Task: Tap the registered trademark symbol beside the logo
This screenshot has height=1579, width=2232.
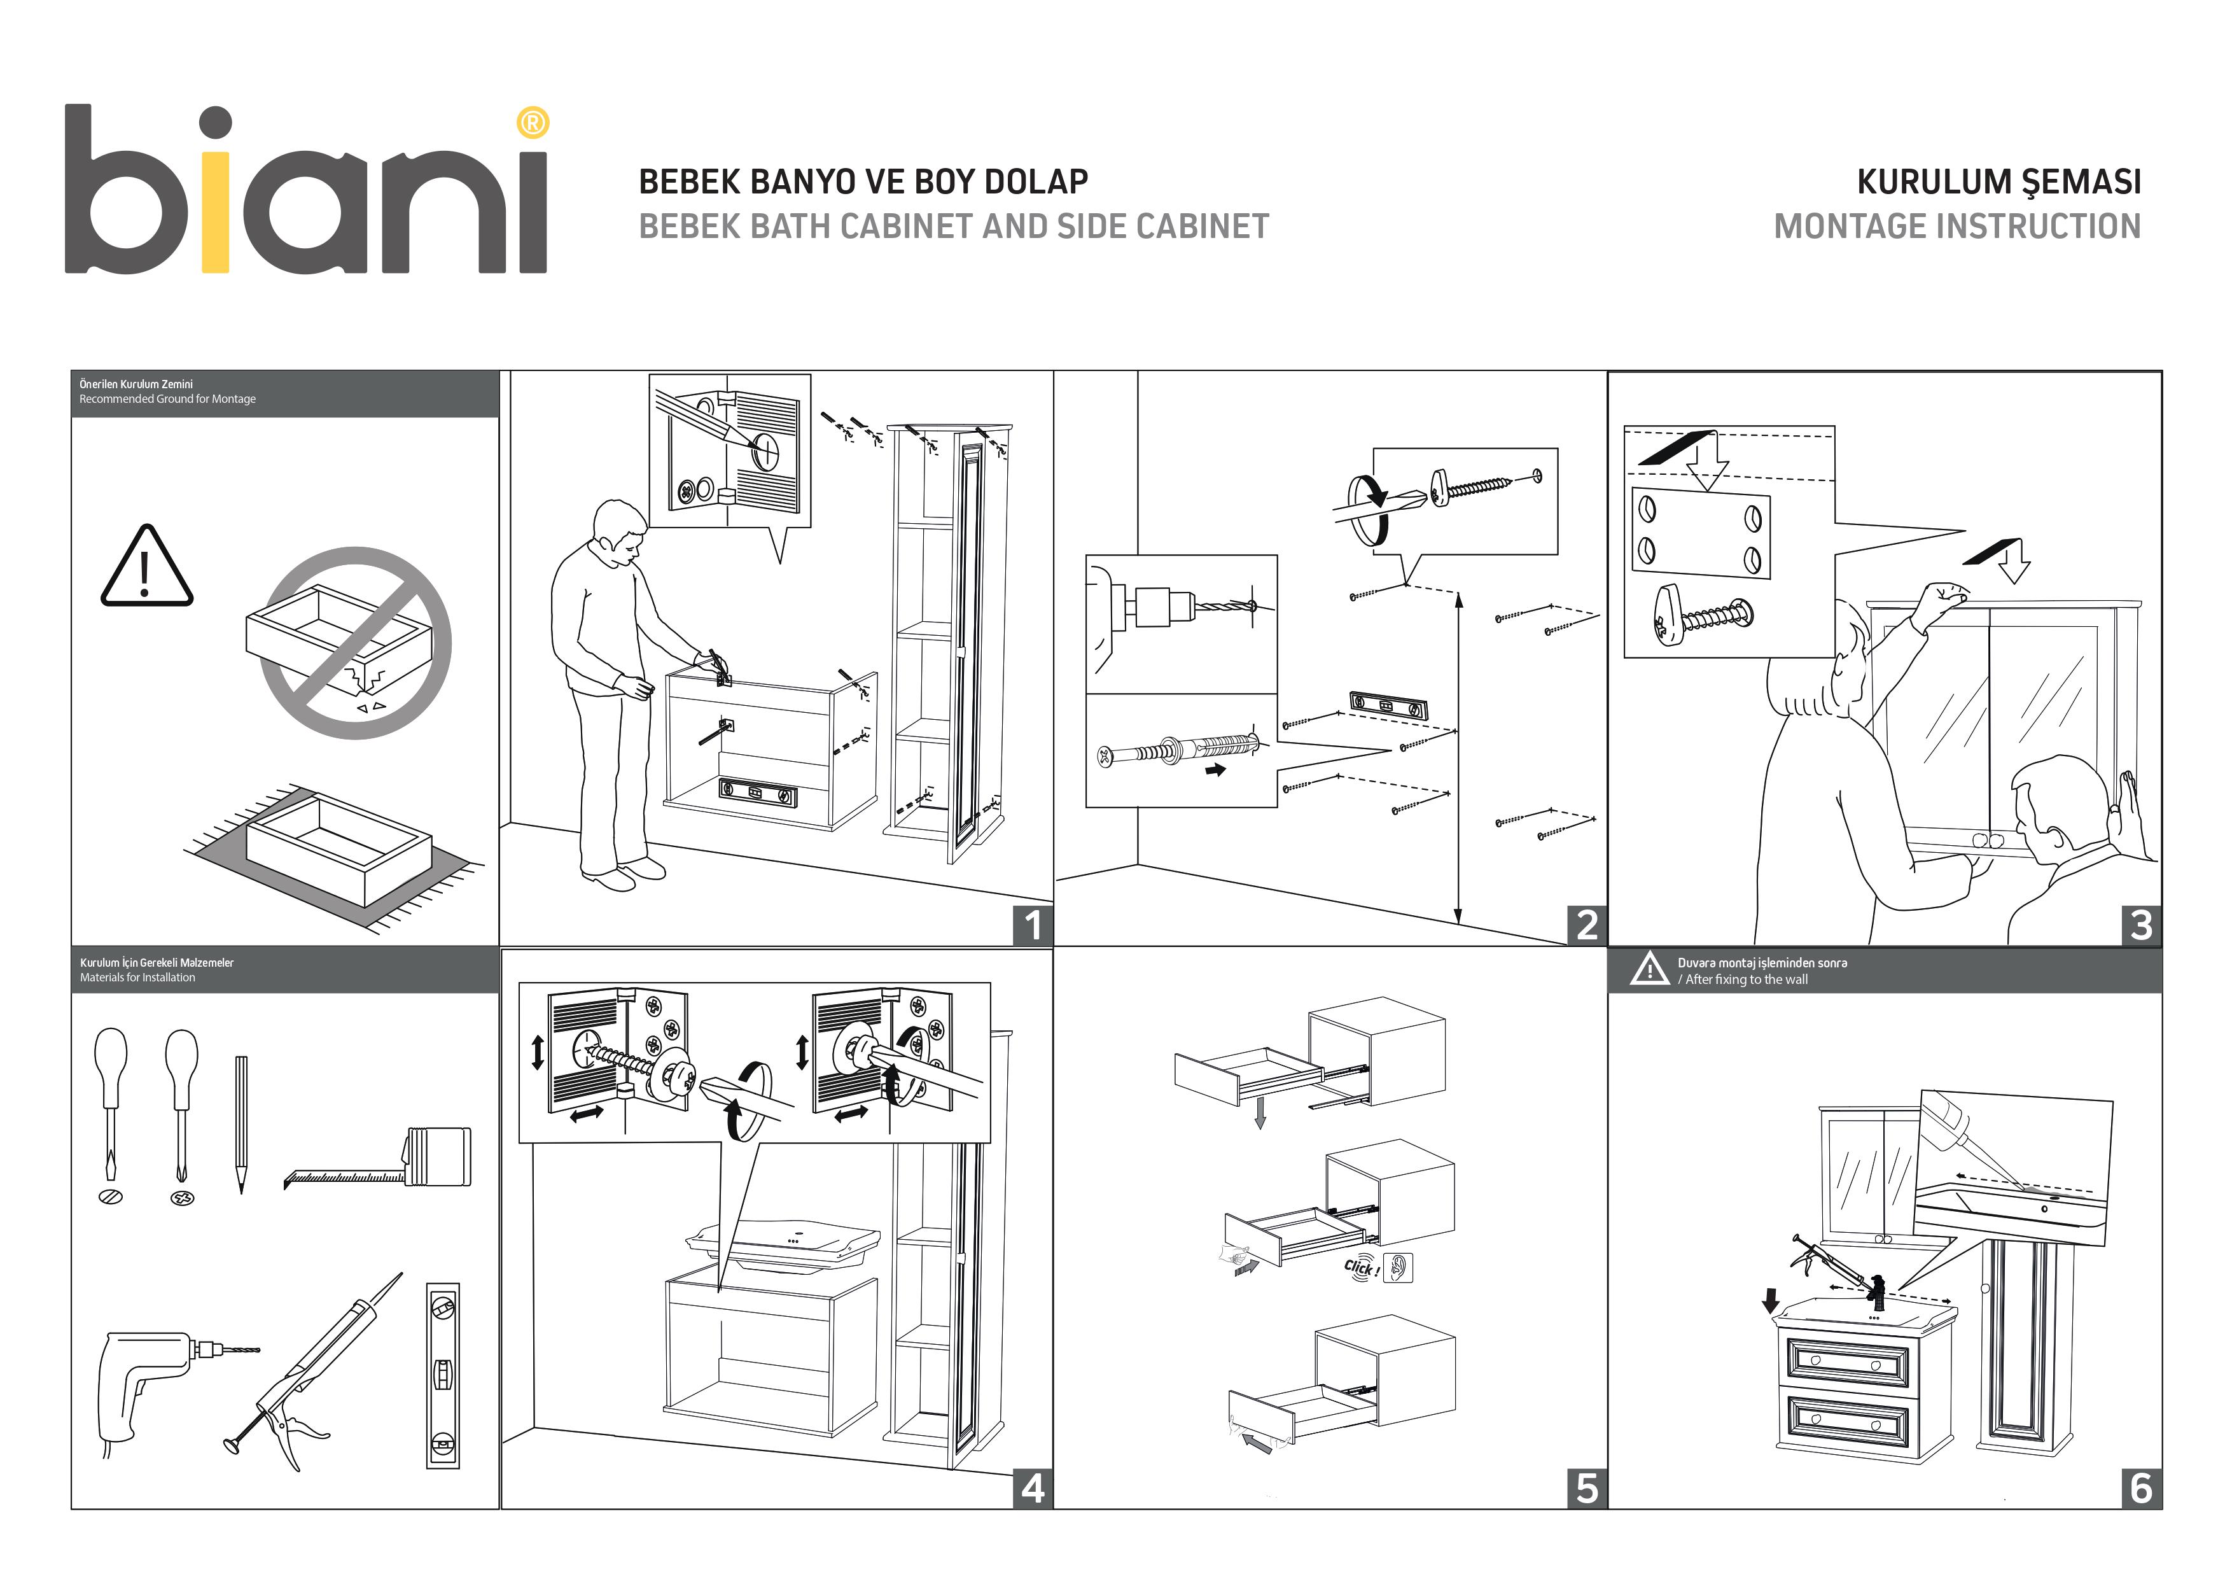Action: [x=533, y=123]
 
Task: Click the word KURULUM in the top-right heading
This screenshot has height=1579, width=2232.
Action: [x=1932, y=182]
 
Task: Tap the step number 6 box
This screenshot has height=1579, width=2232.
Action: [x=2140, y=1487]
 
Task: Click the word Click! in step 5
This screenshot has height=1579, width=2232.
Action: [x=1361, y=1268]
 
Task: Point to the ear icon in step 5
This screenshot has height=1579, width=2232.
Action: [x=1398, y=1268]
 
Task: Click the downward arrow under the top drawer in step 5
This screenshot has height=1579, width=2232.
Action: [x=1260, y=1112]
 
